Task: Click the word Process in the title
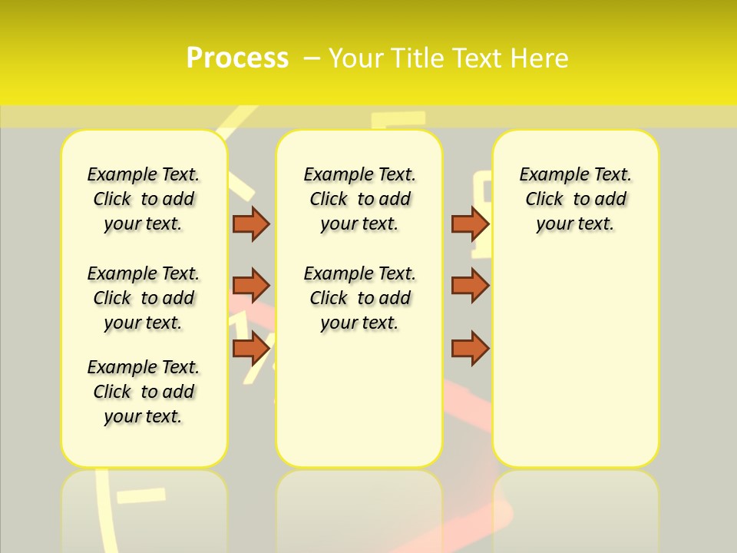coord(237,58)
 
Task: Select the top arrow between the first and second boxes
coord(251,224)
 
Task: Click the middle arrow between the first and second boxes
coord(251,286)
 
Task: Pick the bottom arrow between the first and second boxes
coord(251,348)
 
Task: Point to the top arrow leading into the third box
coord(470,224)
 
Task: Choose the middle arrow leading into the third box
coord(470,286)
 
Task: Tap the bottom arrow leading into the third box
coord(470,348)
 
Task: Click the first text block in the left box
coord(144,199)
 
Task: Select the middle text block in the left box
coord(144,298)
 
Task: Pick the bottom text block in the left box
coord(144,392)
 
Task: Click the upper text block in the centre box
coord(359,199)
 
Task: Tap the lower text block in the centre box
coord(359,298)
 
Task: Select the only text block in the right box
coord(576,199)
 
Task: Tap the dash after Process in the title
coord(311,58)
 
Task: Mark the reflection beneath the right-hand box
coord(576,507)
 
